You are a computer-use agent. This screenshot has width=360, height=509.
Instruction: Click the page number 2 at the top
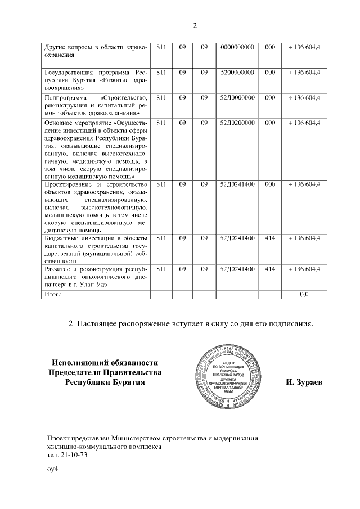point(195,26)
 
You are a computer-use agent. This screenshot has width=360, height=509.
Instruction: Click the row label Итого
point(53,294)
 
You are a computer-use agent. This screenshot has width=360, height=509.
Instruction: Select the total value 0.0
point(304,294)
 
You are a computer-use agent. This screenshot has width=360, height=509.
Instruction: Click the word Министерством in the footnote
point(134,438)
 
